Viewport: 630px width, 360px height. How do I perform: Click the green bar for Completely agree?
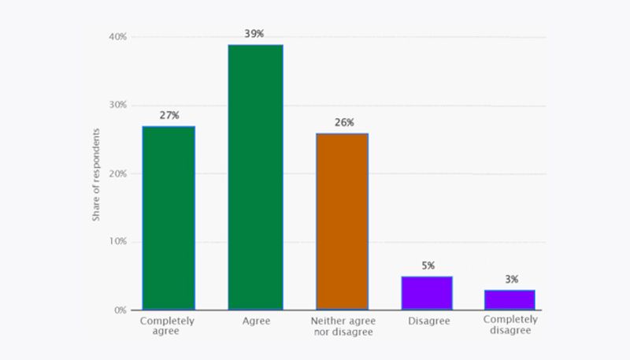click(169, 218)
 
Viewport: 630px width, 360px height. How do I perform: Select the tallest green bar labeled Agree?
click(255, 177)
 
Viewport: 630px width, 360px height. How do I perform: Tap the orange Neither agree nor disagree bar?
click(342, 221)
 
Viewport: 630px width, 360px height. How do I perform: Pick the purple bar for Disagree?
click(426, 293)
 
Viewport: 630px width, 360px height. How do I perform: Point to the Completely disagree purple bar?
click(510, 300)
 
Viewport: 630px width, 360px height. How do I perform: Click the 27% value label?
click(169, 116)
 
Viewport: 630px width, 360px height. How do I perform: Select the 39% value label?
click(255, 34)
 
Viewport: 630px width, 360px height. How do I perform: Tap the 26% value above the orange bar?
click(343, 123)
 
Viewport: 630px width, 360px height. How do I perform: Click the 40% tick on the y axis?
click(118, 37)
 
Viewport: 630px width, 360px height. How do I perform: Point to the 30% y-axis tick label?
click(118, 106)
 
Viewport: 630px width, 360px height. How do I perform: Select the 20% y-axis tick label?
click(118, 173)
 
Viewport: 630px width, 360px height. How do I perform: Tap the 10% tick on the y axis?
click(118, 242)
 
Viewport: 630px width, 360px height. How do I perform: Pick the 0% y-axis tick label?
click(120, 310)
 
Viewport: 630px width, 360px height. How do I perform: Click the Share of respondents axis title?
click(96, 173)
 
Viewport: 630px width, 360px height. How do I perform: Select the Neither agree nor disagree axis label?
click(343, 326)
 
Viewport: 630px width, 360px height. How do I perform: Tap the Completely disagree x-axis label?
click(510, 325)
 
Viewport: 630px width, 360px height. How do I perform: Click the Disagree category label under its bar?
click(426, 321)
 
